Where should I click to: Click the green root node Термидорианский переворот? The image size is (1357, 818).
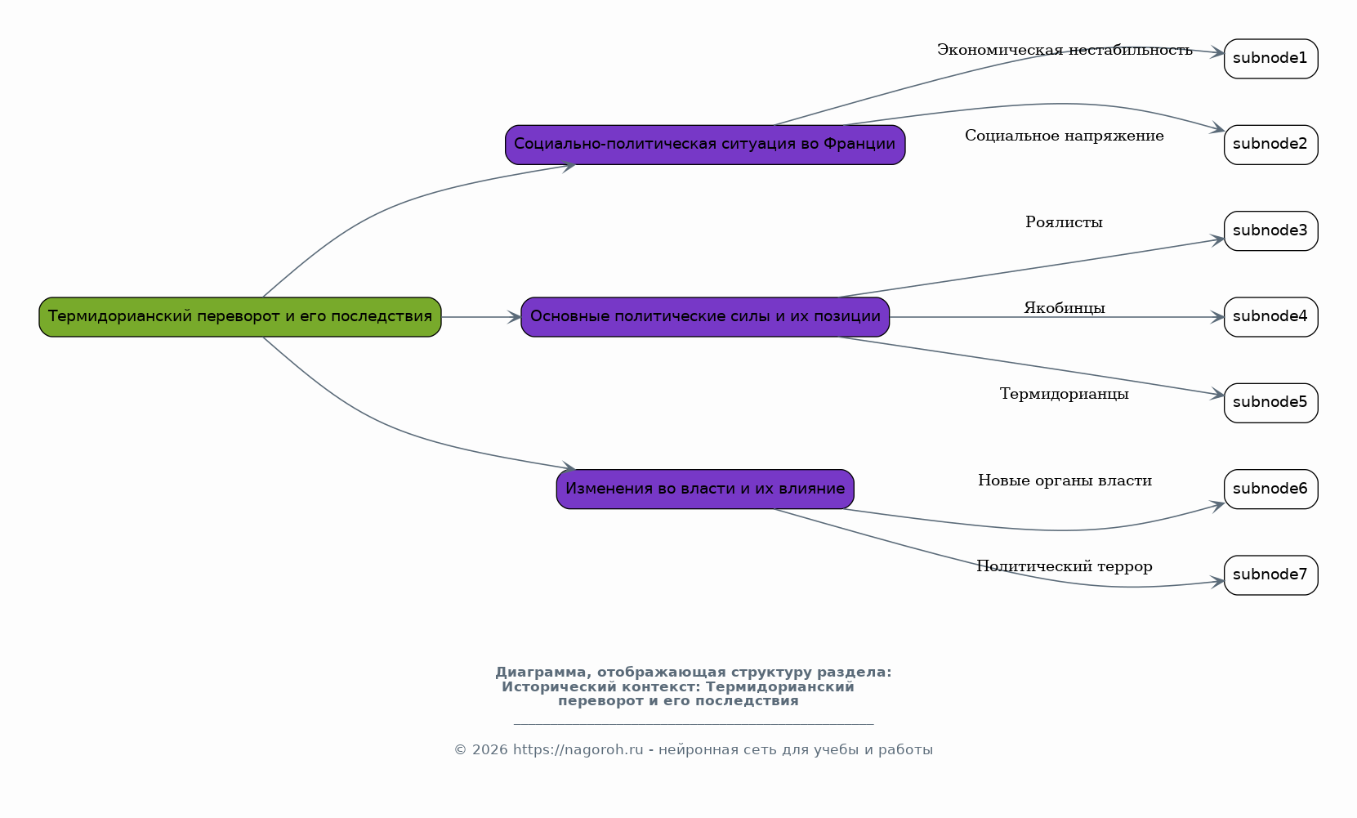[240, 317]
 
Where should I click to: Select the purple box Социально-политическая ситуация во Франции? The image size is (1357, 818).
[705, 145]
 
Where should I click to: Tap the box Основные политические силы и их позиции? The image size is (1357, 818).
[705, 317]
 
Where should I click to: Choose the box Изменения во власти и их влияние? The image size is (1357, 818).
[705, 489]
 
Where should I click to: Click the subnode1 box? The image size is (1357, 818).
[1271, 59]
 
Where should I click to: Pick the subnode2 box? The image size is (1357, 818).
[1271, 145]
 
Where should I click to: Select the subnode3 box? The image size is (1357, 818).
[1271, 231]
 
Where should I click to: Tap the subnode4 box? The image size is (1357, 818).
[1271, 317]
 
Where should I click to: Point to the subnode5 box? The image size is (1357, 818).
[1271, 403]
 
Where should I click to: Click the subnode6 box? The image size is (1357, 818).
[1271, 489]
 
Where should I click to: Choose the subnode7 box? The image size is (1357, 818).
[1271, 575]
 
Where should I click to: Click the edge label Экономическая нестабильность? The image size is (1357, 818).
[1065, 51]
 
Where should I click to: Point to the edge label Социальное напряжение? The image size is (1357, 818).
[1065, 136]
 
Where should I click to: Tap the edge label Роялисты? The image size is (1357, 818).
[1064, 222]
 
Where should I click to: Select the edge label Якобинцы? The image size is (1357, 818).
[1065, 308]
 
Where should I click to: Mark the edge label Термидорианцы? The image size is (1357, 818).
[1065, 395]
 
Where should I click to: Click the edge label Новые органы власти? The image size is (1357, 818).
[1065, 481]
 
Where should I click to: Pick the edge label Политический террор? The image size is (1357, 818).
[1065, 566]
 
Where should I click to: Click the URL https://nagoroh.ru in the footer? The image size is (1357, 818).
[578, 750]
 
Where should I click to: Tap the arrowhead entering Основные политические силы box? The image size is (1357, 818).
[515, 317]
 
